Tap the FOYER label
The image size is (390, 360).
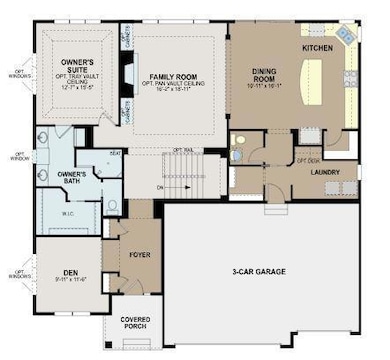(x=139, y=256)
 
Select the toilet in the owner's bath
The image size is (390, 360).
(x=113, y=205)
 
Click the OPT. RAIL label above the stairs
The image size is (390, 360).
(x=182, y=150)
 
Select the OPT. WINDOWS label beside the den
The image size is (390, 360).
(x=15, y=271)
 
